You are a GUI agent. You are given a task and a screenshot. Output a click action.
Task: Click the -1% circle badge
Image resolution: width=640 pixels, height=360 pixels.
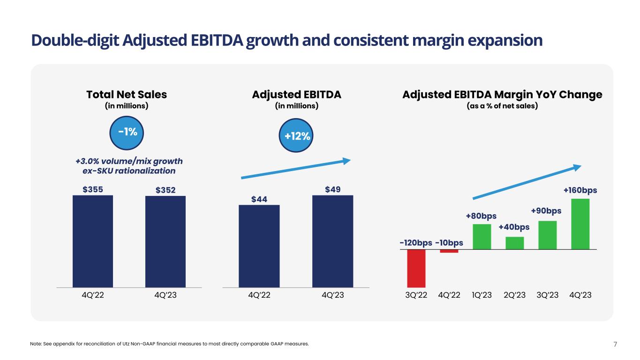(x=128, y=132)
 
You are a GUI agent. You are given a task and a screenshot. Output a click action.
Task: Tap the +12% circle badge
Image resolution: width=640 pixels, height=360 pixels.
(x=297, y=136)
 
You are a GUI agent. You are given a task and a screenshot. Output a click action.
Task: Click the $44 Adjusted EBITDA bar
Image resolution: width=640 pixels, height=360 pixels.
(x=259, y=246)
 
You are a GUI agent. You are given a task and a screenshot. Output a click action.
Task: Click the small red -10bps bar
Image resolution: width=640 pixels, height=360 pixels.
(x=449, y=251)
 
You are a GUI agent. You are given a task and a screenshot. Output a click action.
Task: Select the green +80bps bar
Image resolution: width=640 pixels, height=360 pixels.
(x=482, y=237)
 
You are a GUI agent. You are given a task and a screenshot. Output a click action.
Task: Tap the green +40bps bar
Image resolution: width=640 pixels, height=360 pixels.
(x=514, y=243)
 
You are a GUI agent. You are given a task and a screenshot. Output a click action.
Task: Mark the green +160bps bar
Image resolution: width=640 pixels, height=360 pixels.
(x=580, y=224)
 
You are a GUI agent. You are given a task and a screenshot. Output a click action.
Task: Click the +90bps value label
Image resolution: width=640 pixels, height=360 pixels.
(x=546, y=211)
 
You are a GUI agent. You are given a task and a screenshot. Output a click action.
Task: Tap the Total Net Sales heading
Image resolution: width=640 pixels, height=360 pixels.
(x=127, y=94)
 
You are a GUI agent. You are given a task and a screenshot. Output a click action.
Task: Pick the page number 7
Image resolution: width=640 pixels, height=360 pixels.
(x=615, y=345)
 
